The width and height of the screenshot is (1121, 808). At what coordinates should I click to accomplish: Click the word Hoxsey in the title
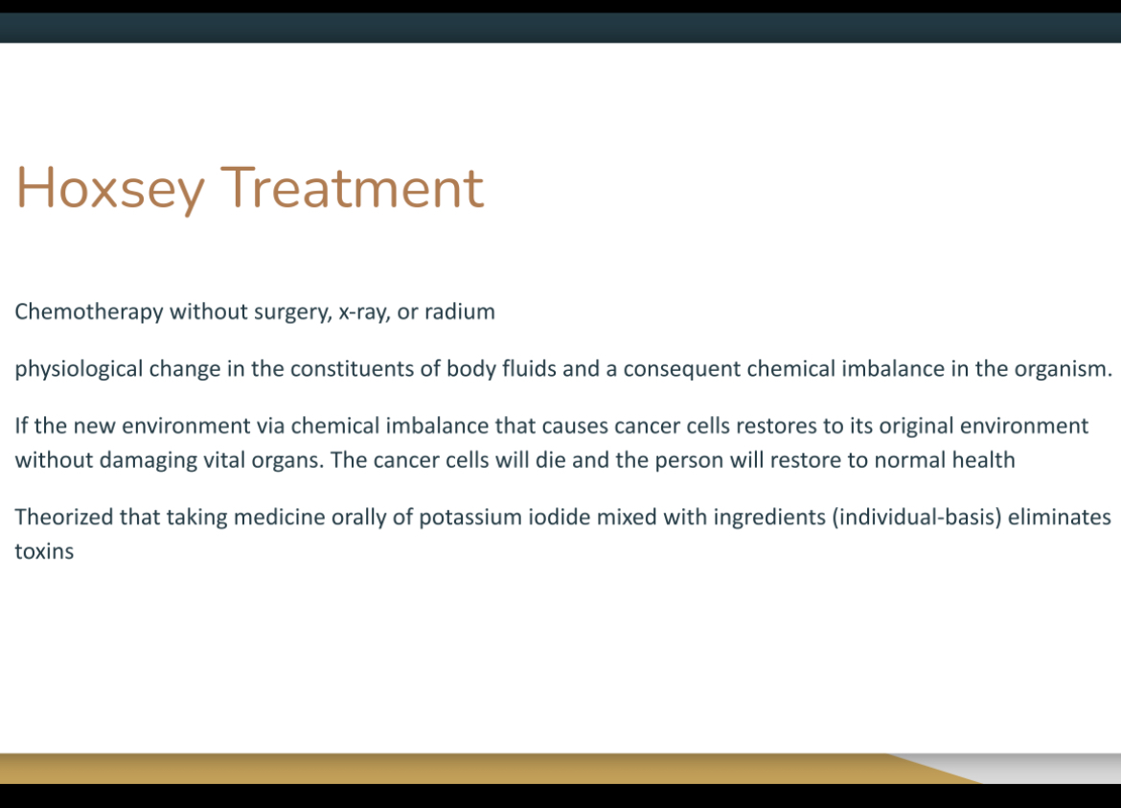pyautogui.click(x=110, y=189)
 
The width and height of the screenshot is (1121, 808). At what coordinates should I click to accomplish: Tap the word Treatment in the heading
pyautogui.click(x=353, y=187)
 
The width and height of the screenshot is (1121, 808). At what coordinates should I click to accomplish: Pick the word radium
pyautogui.click(x=460, y=312)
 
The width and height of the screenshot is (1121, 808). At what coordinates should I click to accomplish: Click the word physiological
pyautogui.click(x=79, y=370)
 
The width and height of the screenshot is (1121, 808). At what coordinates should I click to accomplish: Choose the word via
pyautogui.click(x=271, y=427)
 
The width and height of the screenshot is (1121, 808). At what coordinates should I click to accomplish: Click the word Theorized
pyautogui.click(x=63, y=517)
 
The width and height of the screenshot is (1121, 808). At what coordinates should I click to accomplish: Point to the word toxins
pyautogui.click(x=44, y=551)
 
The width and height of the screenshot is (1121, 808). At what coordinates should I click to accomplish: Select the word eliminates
pyautogui.click(x=1060, y=517)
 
